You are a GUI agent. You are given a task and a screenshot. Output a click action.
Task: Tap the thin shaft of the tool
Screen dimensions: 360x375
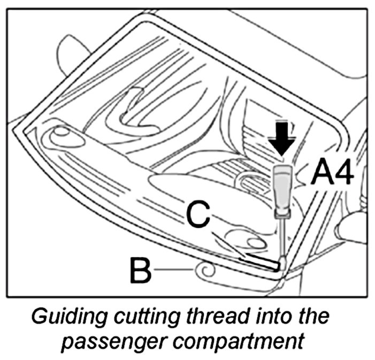coord(281,238)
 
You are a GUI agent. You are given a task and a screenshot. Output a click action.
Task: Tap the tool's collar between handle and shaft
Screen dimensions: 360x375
coord(281,212)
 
